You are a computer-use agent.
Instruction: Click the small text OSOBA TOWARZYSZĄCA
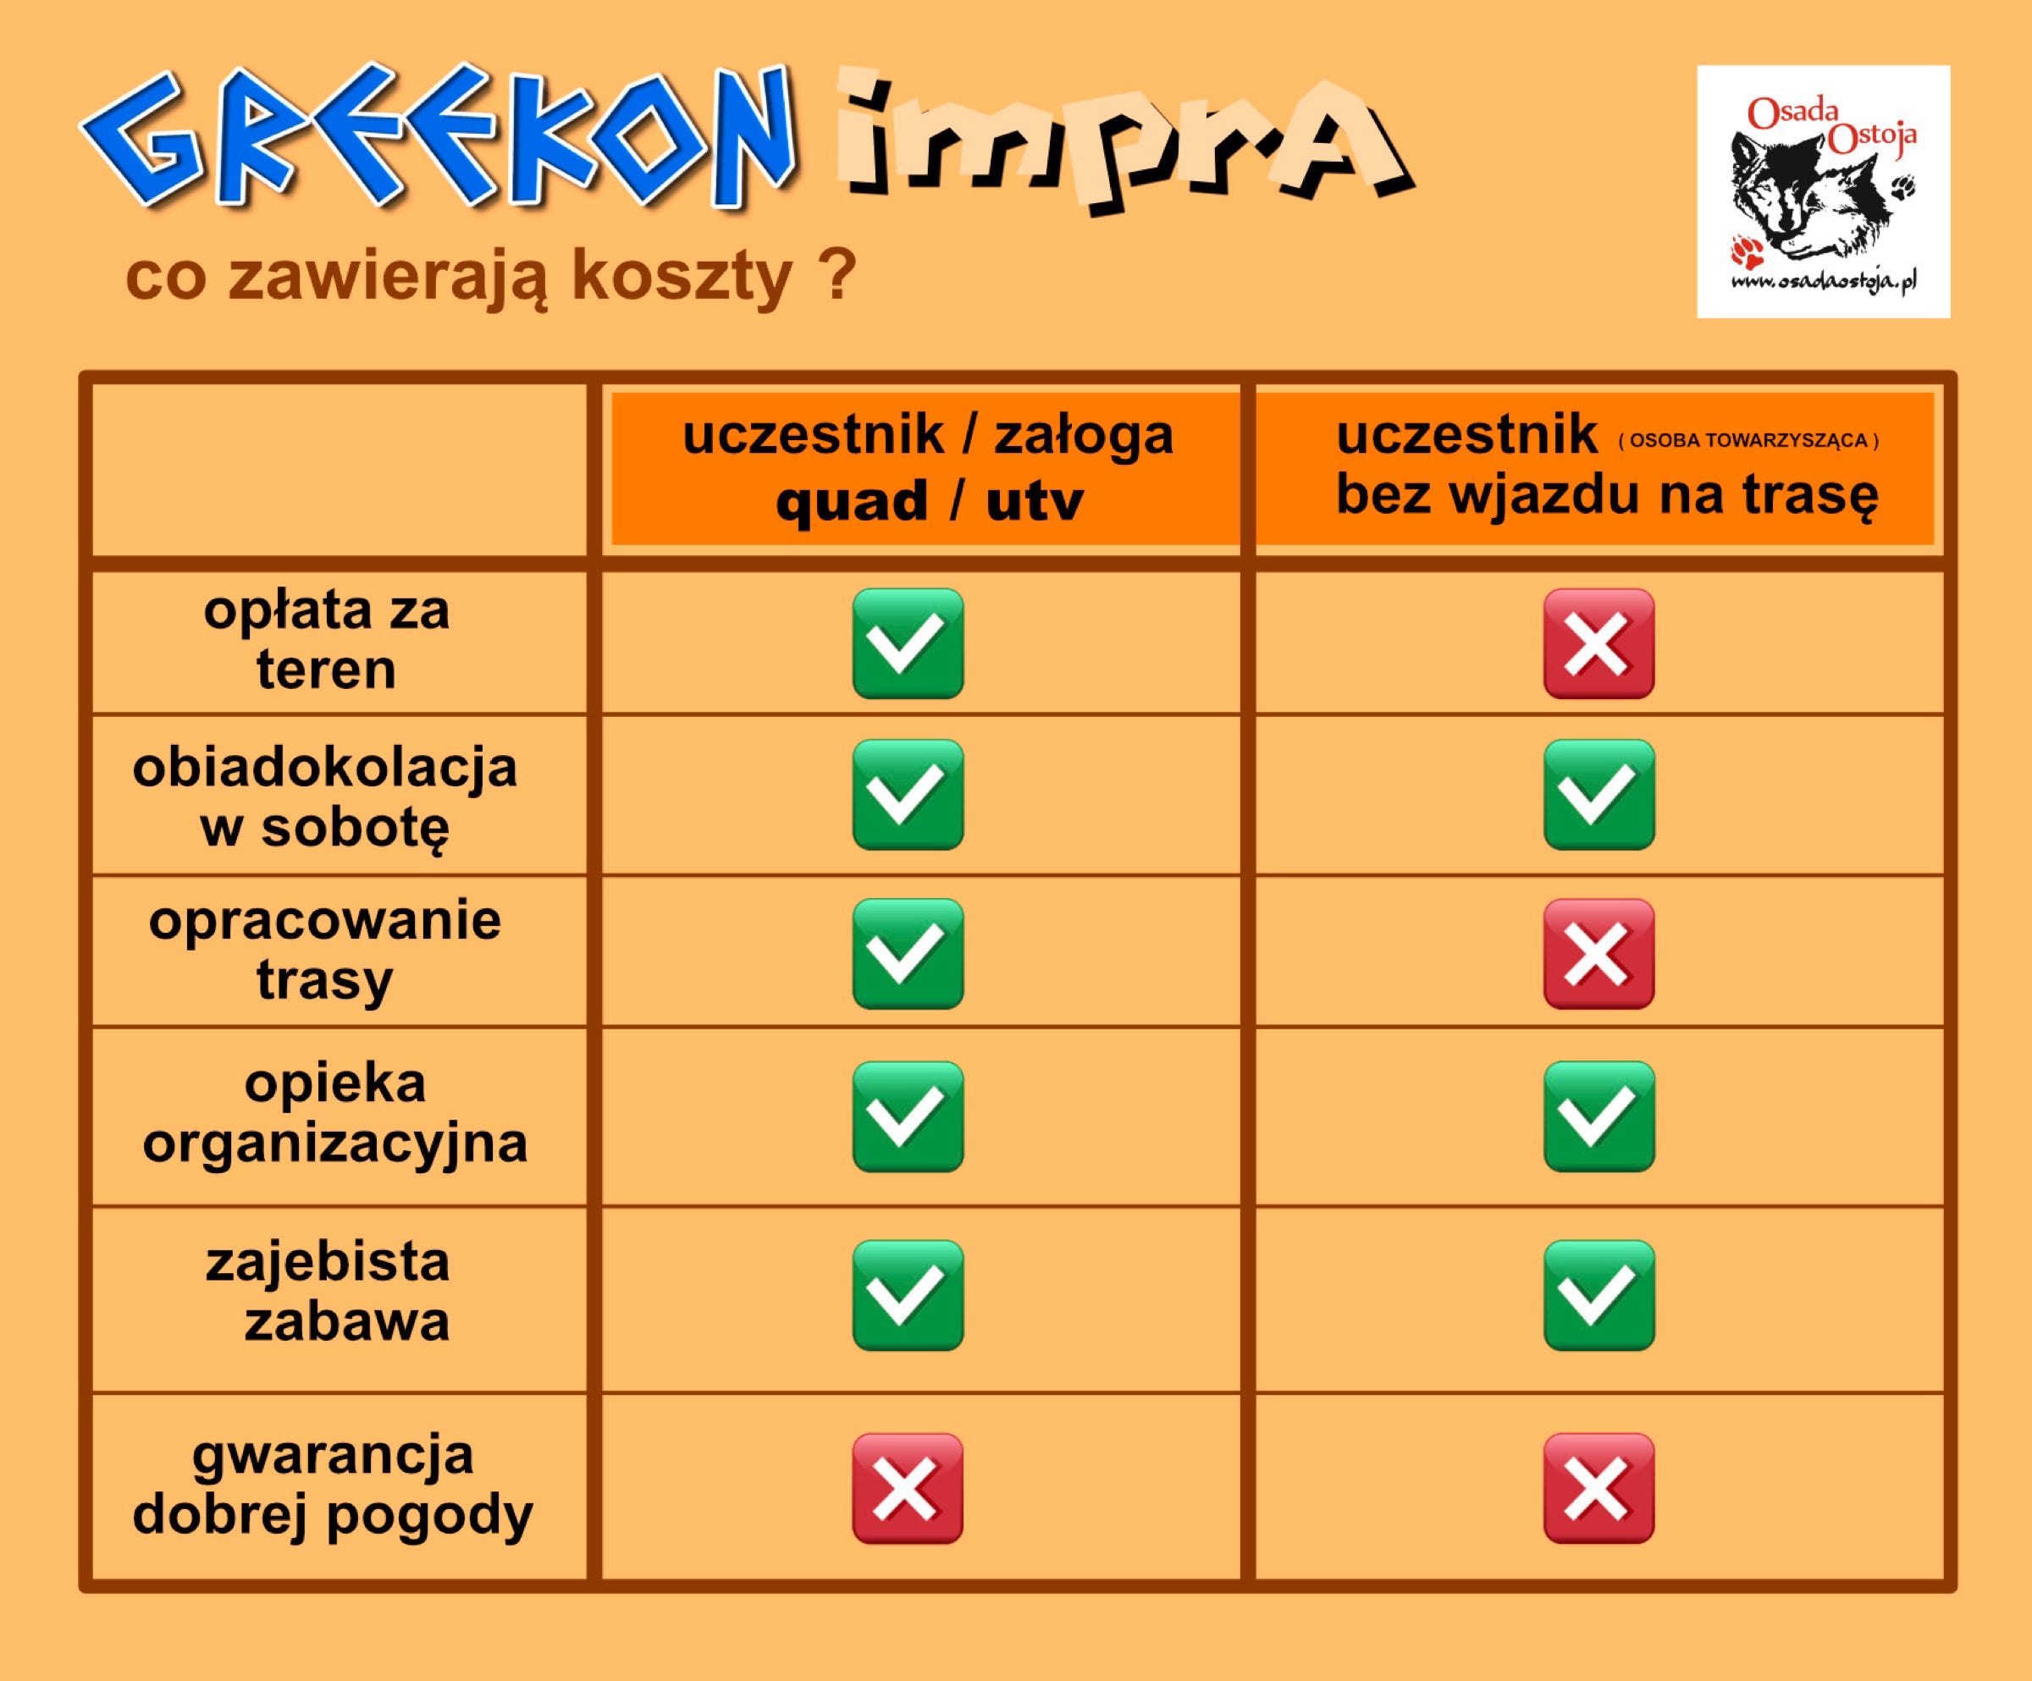pos(1748,441)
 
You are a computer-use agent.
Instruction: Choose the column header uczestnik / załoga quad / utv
pos(927,467)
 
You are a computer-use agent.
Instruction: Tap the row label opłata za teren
pos(327,639)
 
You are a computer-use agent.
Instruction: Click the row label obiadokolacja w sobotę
pos(325,798)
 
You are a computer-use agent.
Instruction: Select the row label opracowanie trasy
pos(325,950)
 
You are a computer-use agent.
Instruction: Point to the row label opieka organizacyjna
pos(334,1113)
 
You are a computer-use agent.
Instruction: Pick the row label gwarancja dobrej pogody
pos(333,1485)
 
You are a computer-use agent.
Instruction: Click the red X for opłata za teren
pos(1599,643)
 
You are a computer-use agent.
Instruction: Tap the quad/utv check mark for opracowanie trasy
pos(908,954)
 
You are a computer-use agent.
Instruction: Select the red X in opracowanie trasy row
pos(1599,954)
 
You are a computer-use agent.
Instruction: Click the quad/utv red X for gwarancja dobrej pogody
pos(908,1487)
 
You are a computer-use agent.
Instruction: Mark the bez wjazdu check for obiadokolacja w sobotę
pos(1599,795)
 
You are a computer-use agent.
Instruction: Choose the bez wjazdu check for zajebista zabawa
pos(1599,1295)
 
